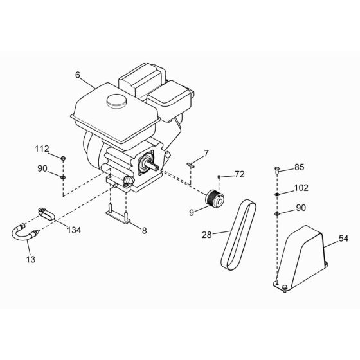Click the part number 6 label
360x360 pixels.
[x=78, y=75]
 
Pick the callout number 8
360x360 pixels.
[x=143, y=230]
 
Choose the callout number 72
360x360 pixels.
[x=240, y=174]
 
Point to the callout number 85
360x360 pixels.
[x=299, y=168]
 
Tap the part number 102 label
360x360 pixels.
[x=301, y=189]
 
